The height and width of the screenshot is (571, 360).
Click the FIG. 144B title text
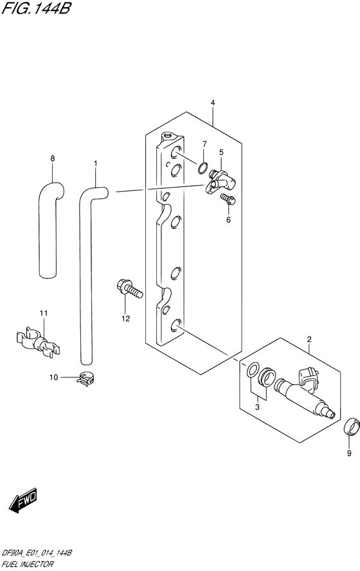click(35, 8)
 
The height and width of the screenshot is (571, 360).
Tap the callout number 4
click(213, 103)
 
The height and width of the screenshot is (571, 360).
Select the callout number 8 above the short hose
click(53, 158)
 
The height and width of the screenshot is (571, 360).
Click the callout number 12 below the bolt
click(125, 319)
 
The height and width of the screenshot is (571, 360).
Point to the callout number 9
click(349, 453)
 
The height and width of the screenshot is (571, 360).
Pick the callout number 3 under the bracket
click(257, 407)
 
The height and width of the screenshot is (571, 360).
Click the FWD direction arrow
click(22, 500)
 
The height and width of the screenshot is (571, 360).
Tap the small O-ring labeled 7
click(203, 168)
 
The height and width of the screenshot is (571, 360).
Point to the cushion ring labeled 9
click(352, 427)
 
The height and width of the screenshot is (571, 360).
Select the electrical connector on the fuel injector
click(309, 377)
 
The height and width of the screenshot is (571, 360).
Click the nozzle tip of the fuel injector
click(331, 414)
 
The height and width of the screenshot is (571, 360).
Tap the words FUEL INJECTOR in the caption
click(27, 565)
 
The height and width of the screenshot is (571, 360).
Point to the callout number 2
click(309, 340)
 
